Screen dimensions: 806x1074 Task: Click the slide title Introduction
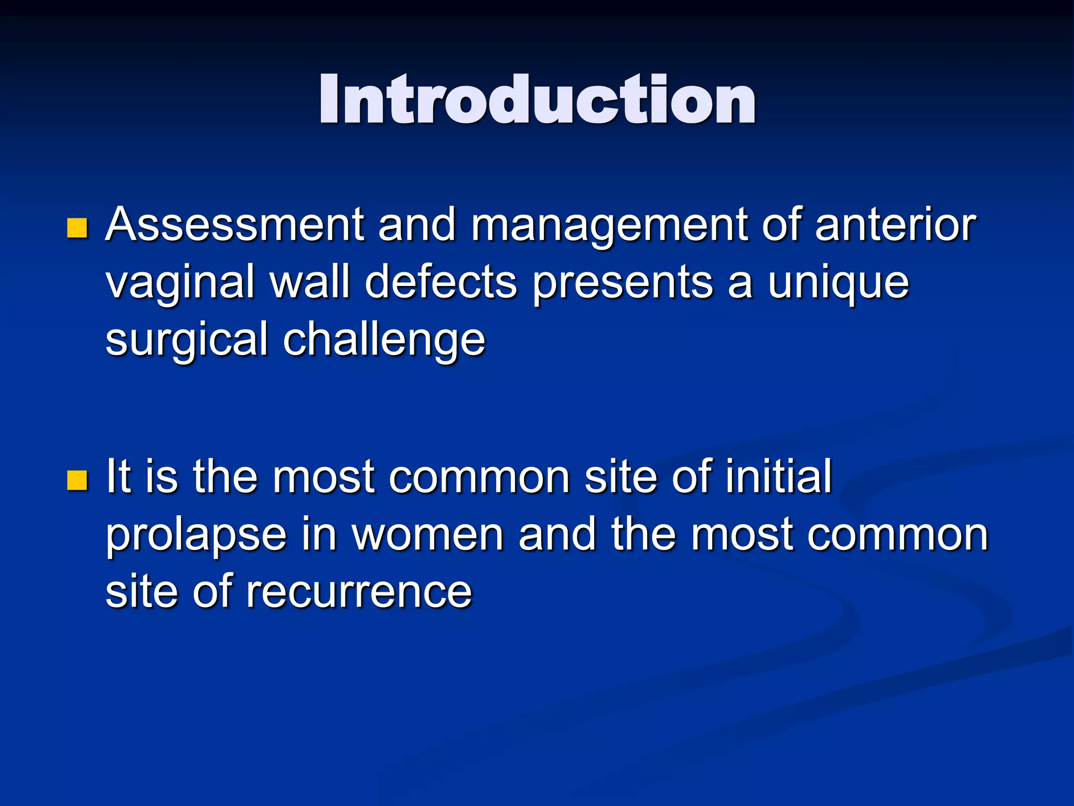click(537, 100)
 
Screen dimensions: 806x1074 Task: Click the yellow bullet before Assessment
click(77, 228)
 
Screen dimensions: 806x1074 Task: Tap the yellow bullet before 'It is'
click(77, 480)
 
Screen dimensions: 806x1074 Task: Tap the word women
click(427, 535)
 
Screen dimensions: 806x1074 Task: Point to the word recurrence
click(359, 592)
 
